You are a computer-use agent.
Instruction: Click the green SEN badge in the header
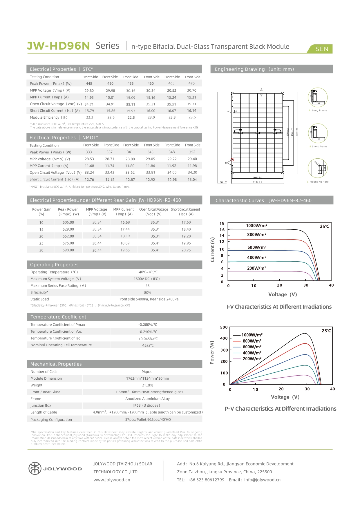coord(322,49)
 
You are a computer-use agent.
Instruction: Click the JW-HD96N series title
coord(58,46)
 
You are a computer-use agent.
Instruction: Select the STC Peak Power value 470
coord(191,84)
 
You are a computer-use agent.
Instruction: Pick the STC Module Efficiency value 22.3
coord(89,117)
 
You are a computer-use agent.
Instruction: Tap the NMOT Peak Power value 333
coord(89,152)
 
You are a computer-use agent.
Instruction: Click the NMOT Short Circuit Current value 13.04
coord(192,180)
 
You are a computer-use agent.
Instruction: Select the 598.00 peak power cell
coord(68,250)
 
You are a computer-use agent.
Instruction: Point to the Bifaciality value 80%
coord(147,293)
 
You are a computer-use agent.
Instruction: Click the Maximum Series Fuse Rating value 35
coord(147,286)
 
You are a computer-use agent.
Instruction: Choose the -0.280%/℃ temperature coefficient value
coord(148,325)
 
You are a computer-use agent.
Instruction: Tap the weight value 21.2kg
coord(147,385)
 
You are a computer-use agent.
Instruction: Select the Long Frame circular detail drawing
coord(318,98)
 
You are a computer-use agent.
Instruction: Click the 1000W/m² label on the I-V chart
coord(256,226)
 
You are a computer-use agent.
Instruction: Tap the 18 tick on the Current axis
coord(222,223)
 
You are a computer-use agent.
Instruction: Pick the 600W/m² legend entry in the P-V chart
coord(252,347)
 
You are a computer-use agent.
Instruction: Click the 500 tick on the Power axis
coord(224,327)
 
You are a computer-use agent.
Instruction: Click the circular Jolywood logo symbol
coord(35,468)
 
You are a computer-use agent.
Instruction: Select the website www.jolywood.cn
coord(112,480)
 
